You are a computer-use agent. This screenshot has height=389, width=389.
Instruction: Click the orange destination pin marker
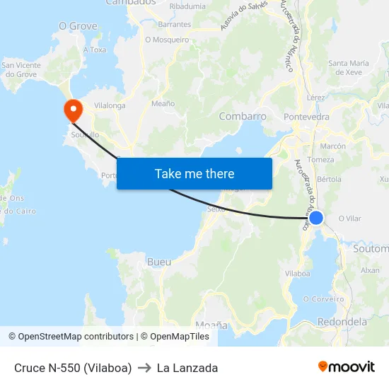coord(72,110)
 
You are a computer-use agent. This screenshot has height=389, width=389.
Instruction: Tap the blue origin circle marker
coord(316,218)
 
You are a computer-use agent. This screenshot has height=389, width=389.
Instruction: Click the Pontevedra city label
coord(306,117)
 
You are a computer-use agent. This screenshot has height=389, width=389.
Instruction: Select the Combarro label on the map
coord(243,116)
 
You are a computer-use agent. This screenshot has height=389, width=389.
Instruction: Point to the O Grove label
coord(78,25)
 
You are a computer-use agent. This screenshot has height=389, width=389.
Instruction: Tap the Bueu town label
coord(159,262)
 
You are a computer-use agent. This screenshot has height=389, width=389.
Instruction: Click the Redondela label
coord(343,322)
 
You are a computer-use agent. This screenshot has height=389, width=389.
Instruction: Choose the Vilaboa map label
coord(297,273)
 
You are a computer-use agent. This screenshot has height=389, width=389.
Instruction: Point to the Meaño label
coord(163,103)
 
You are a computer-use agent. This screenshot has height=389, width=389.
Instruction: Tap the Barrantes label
coord(175,24)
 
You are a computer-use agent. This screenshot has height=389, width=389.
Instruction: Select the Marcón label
coord(333,146)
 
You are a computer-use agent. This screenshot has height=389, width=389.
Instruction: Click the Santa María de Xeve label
coord(349,68)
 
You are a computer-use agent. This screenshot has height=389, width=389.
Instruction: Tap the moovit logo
coord(346,367)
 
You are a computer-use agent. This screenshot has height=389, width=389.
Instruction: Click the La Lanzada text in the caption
coord(187,368)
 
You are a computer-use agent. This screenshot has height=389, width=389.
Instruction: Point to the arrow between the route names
coord(144,368)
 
